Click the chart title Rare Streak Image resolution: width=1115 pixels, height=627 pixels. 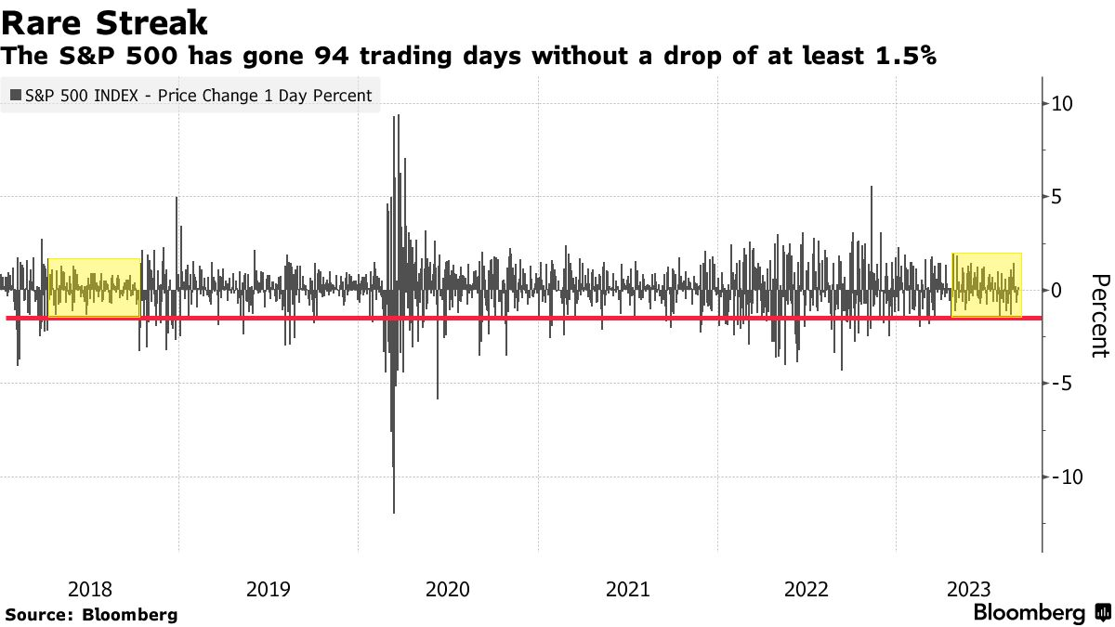point(104,22)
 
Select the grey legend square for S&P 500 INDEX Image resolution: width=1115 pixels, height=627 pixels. point(16,95)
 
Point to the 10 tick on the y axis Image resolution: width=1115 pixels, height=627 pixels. point(1062,103)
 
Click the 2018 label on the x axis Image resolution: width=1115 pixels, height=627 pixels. point(90,588)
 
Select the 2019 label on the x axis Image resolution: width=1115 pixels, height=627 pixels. point(269,588)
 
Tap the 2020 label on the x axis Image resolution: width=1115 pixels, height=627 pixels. point(448,588)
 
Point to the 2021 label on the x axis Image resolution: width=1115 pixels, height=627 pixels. point(627,588)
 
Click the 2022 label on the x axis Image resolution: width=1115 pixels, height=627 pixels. point(807,588)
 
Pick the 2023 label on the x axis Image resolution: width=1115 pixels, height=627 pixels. point(969,588)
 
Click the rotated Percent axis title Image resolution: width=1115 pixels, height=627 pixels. point(1099,316)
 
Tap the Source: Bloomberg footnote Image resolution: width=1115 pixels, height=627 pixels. point(91,614)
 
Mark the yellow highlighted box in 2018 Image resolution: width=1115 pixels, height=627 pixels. point(94,288)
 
